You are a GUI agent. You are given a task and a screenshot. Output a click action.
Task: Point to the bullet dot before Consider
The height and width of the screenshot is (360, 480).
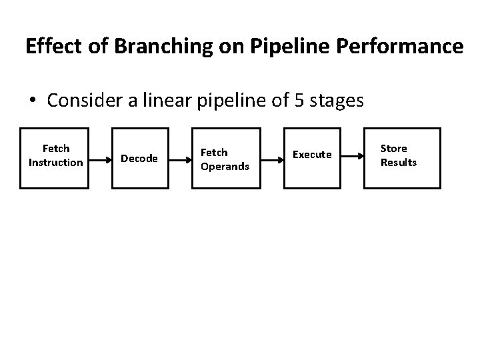33,101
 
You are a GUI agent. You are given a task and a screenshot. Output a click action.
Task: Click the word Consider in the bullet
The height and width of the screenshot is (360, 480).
83,101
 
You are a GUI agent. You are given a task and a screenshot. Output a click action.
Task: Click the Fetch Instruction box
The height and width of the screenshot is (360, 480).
55,158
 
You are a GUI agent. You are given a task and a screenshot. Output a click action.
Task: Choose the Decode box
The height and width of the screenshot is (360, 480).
139,158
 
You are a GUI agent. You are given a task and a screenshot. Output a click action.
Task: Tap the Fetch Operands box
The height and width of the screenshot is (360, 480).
225,158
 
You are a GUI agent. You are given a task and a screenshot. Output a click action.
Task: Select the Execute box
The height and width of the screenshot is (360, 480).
312,158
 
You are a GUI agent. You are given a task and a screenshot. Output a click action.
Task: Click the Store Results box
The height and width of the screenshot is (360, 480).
399,158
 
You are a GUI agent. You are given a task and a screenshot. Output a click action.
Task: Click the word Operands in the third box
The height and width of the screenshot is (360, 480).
225,166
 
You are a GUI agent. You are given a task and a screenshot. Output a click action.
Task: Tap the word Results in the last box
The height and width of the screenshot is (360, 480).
398,163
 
